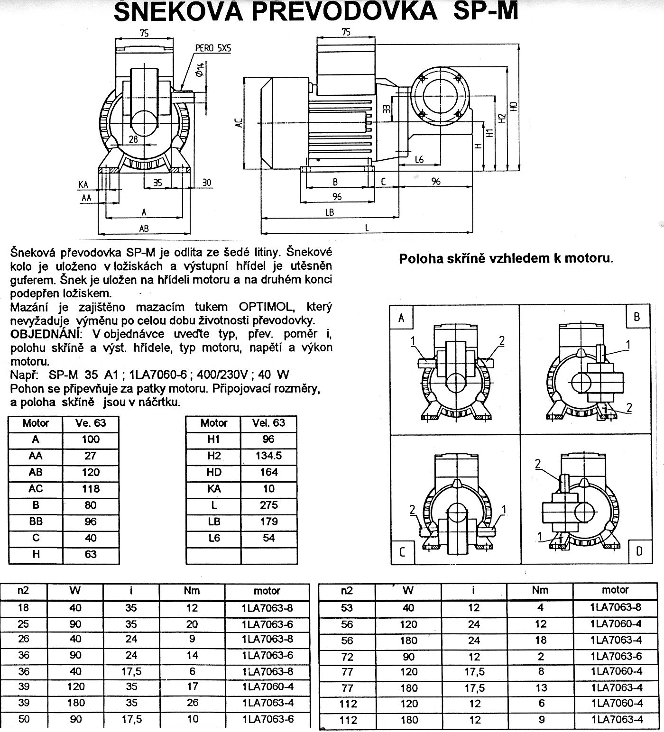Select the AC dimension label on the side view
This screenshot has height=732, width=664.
click(x=240, y=122)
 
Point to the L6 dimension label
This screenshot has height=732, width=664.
click(x=419, y=160)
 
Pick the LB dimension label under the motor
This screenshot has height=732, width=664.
click(x=330, y=212)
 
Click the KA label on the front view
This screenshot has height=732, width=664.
click(x=83, y=184)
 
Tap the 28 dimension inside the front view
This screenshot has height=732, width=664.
click(x=133, y=139)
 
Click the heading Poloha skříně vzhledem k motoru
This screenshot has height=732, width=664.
click(x=506, y=259)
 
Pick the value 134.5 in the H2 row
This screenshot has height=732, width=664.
click(x=268, y=456)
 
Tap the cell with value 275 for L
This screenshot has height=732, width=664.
click(x=268, y=505)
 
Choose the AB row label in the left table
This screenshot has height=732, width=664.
click(x=36, y=472)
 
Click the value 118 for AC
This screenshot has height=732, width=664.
click(x=90, y=488)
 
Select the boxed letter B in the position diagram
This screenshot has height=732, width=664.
click(x=636, y=317)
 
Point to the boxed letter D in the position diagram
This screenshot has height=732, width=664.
click(x=639, y=551)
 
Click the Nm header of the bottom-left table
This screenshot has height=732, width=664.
click(x=192, y=591)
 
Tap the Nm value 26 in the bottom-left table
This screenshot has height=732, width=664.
click(x=192, y=703)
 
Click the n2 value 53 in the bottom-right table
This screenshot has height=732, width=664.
click(x=347, y=608)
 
